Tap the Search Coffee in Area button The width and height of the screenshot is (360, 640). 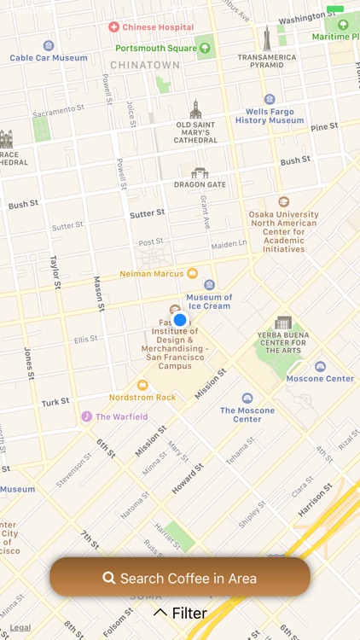[179, 578]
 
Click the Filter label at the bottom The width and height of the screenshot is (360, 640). [180, 613]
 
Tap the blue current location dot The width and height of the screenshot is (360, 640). [179, 320]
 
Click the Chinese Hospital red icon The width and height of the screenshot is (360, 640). [113, 27]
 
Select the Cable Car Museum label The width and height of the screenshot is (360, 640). [49, 58]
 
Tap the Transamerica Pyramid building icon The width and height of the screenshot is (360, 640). [266, 39]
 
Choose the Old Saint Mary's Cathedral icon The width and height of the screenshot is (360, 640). [195, 109]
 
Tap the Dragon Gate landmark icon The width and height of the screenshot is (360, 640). [200, 173]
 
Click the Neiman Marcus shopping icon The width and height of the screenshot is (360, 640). [192, 273]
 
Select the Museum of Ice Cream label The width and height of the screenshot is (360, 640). [210, 301]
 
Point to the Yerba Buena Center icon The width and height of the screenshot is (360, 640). [283, 323]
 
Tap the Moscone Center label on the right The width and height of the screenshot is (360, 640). [320, 378]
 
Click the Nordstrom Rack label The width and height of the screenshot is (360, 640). [142, 397]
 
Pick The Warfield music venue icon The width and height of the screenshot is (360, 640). [86, 416]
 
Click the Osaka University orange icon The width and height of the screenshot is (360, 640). [283, 201]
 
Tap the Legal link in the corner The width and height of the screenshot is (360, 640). [20, 627]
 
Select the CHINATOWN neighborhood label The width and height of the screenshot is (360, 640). [145, 65]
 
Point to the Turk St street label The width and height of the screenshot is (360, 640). [55, 402]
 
